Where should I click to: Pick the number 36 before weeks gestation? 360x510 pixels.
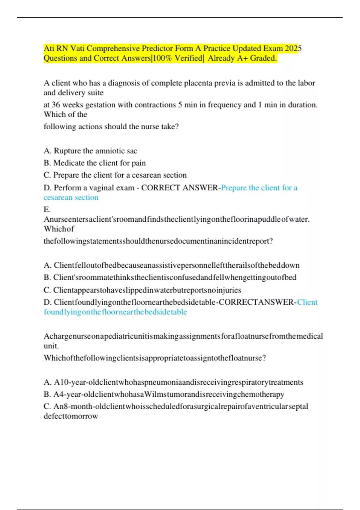click(x=56, y=105)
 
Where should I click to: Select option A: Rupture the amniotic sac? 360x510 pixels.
click(x=90, y=151)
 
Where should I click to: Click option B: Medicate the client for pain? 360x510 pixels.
click(x=94, y=163)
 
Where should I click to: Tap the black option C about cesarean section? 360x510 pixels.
click(x=115, y=175)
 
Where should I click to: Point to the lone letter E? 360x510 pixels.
click(x=47, y=209)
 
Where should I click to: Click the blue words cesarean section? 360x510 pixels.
click(x=71, y=197)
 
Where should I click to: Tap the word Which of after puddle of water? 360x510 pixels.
click(x=59, y=229)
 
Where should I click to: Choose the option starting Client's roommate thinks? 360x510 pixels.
click(x=170, y=277)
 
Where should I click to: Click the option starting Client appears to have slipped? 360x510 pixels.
click(x=142, y=290)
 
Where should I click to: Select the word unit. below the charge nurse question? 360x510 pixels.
click(x=51, y=346)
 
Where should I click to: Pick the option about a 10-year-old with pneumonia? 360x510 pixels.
click(x=173, y=382)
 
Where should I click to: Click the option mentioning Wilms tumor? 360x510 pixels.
click(x=164, y=394)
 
